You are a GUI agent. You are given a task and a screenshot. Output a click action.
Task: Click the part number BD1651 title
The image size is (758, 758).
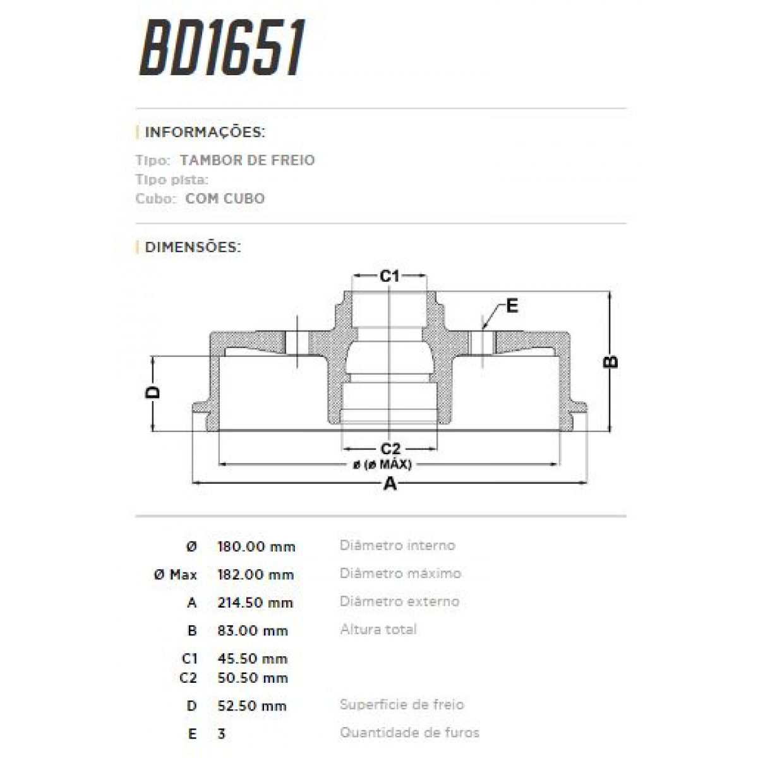(x=222, y=48)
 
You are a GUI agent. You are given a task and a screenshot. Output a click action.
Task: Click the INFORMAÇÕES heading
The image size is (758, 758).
(x=205, y=133)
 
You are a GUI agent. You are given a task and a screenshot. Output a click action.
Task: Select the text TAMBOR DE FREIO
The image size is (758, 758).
(x=247, y=160)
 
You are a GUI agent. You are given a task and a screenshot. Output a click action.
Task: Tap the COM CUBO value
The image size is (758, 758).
(x=225, y=198)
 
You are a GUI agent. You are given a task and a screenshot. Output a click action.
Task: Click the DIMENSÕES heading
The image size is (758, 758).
(x=193, y=247)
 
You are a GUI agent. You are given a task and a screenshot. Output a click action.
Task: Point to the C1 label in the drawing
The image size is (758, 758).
(x=390, y=276)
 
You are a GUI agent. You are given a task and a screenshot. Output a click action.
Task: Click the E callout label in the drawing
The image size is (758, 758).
(x=512, y=306)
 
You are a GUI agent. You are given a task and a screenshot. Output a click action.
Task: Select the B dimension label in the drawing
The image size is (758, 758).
(x=611, y=361)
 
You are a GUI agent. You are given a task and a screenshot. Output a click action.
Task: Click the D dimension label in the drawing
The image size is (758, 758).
(x=153, y=392)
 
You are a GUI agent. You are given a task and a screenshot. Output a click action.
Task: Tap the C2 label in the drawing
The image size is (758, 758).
(x=390, y=449)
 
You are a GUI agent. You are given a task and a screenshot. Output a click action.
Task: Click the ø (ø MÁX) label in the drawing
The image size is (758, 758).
(x=382, y=465)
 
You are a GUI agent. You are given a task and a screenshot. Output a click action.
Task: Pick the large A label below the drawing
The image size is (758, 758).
(x=390, y=484)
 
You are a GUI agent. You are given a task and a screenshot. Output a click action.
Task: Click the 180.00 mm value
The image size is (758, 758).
(x=256, y=547)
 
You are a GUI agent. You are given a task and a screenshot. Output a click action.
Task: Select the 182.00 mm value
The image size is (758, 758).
(x=255, y=575)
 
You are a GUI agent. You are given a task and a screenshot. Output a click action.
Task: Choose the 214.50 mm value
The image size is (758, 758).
(x=255, y=603)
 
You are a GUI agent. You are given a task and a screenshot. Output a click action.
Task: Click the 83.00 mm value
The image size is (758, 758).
(x=252, y=630)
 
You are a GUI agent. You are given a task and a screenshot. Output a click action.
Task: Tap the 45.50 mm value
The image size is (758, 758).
(x=252, y=659)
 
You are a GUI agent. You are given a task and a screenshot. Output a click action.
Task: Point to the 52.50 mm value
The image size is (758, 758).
(x=252, y=706)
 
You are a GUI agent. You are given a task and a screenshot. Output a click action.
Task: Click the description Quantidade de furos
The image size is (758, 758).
(x=409, y=733)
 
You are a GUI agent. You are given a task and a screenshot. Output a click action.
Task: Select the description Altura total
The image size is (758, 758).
(x=378, y=629)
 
